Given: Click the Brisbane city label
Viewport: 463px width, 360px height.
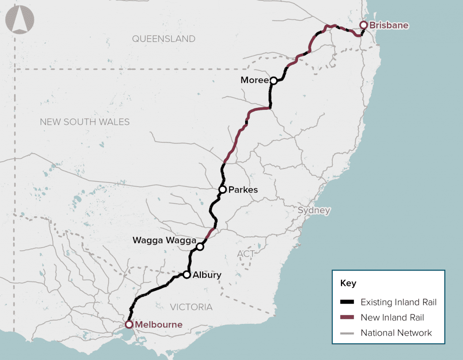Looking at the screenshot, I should point(389,25).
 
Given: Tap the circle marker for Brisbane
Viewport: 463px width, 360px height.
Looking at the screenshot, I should point(363,25).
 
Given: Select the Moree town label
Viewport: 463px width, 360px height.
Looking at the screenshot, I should point(254,80).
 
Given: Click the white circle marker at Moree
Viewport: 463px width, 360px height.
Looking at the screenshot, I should point(274,80).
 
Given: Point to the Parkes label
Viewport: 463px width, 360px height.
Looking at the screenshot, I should point(243,190).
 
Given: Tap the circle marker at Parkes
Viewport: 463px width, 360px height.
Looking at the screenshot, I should point(222,189).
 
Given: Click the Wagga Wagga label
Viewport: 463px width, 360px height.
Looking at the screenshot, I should point(164,240).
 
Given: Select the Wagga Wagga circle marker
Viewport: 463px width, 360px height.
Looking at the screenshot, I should point(200,247).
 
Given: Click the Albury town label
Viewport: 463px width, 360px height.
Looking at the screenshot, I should point(207,275).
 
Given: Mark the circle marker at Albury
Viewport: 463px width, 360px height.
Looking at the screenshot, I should point(186,275).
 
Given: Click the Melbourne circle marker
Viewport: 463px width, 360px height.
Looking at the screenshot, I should point(129,324).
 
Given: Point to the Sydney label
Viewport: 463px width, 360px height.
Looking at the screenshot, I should point(314,210).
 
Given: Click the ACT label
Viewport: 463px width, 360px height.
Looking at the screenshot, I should point(246,254).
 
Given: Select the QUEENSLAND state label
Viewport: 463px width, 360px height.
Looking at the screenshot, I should point(164,39).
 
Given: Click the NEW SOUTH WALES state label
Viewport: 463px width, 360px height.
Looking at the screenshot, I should point(85,122).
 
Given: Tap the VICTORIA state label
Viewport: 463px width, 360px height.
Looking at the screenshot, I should point(191,307).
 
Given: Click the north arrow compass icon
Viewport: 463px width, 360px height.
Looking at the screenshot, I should point(19,20).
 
